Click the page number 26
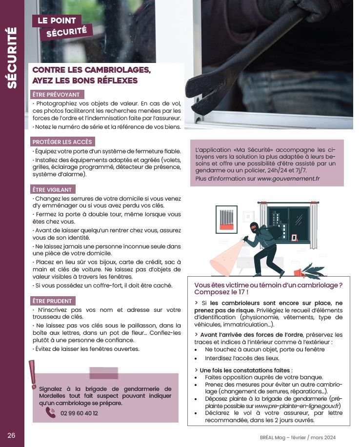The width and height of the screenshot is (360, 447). [x=11, y=435]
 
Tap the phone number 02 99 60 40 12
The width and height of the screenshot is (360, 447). [x=79, y=413]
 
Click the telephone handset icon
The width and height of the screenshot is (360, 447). [x=51, y=412]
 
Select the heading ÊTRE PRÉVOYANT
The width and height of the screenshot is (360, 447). [x=56, y=95]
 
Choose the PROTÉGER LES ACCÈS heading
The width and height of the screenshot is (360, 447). [x=62, y=142]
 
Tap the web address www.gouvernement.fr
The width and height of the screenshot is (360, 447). [x=288, y=179]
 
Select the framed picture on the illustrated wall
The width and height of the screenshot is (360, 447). [x=226, y=220]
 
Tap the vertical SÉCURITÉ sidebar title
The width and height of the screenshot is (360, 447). [x=12, y=58]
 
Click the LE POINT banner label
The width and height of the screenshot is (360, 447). [x=57, y=21]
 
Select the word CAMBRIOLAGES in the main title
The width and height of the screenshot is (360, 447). [x=118, y=70]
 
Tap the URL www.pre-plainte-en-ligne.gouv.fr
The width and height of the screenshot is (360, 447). [x=297, y=406]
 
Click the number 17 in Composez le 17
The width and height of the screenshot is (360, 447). [x=242, y=292]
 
